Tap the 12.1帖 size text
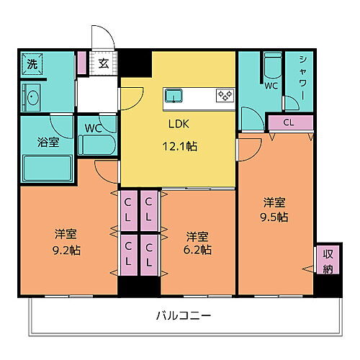coord(179,146)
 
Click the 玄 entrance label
coord(103,63)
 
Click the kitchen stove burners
coord(224,95)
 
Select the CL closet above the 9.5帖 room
coord(288,123)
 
